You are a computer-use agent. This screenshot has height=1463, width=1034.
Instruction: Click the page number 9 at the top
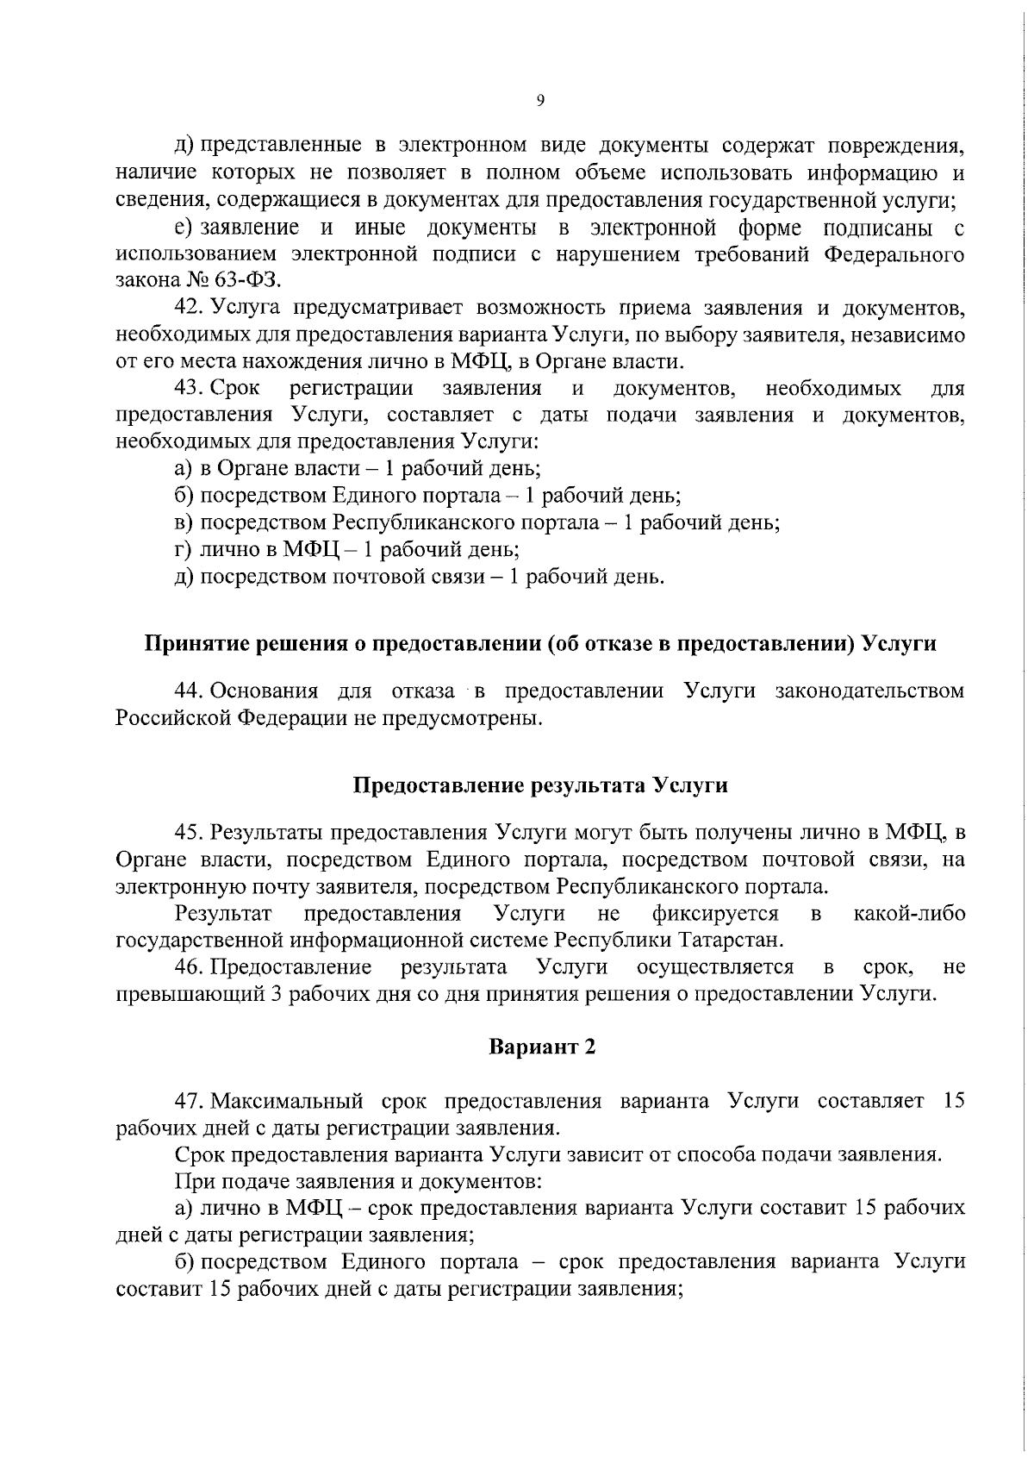coord(540,101)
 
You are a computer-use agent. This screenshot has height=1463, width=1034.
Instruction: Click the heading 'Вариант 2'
coord(542,1047)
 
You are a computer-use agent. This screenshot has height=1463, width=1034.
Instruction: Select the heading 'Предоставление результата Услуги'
coord(540,785)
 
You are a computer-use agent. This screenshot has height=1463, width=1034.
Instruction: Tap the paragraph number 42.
coord(189,309)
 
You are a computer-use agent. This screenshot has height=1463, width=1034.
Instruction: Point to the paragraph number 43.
coord(189,388)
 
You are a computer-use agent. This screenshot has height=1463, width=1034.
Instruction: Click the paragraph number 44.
coord(189,691)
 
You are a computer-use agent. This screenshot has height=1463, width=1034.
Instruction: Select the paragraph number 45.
coord(189,832)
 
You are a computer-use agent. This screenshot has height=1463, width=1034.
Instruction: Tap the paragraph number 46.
coord(189,967)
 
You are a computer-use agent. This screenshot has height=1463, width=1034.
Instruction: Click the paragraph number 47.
coord(189,1101)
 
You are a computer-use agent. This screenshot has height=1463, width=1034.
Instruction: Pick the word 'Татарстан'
coord(730,940)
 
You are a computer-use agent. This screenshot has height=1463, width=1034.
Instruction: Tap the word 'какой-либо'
coord(909,913)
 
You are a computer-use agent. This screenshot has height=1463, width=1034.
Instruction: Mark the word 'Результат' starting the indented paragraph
coord(223,913)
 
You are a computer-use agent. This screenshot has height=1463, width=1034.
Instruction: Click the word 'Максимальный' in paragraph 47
coord(277,1101)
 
